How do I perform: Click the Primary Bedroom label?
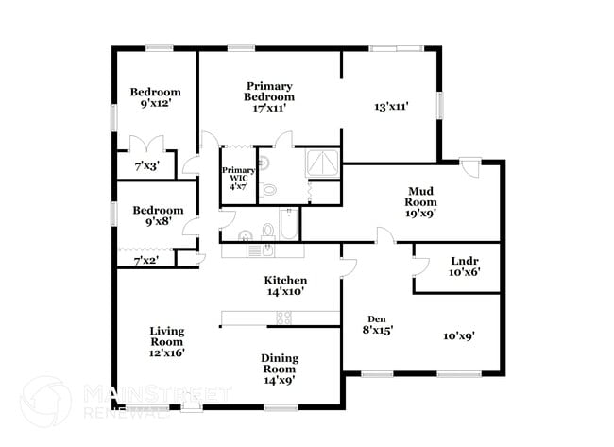pyautogui.click(x=269, y=96)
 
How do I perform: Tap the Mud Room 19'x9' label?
pyautogui.click(x=420, y=202)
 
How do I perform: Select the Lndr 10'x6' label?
pyautogui.click(x=465, y=266)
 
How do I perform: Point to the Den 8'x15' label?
pyautogui.click(x=378, y=325)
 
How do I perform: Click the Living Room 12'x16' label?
pyautogui.click(x=167, y=341)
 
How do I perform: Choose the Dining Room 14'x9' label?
pyautogui.click(x=280, y=370)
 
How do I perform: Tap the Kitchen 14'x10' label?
pyautogui.click(x=285, y=285)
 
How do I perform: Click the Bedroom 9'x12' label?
pyautogui.click(x=156, y=97)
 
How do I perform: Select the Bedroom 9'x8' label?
pyautogui.click(x=158, y=215)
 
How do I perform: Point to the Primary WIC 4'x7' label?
pyautogui.click(x=238, y=179)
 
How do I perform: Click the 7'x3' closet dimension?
pyautogui.click(x=146, y=166)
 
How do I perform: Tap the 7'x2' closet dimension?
pyautogui.click(x=146, y=260)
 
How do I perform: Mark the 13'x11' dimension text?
pyautogui.click(x=392, y=107)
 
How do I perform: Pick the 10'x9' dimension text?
pyautogui.click(x=459, y=336)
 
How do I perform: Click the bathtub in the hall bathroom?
pyautogui.click(x=289, y=224)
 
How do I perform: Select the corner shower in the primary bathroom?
pyautogui.click(x=322, y=163)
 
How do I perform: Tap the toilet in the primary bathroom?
pyautogui.click(x=268, y=190)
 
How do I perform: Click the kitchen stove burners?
pyautogui.click(x=284, y=318)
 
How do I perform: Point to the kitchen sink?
pyautogui.click(x=268, y=249)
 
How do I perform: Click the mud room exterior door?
pyautogui.click(x=469, y=167)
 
